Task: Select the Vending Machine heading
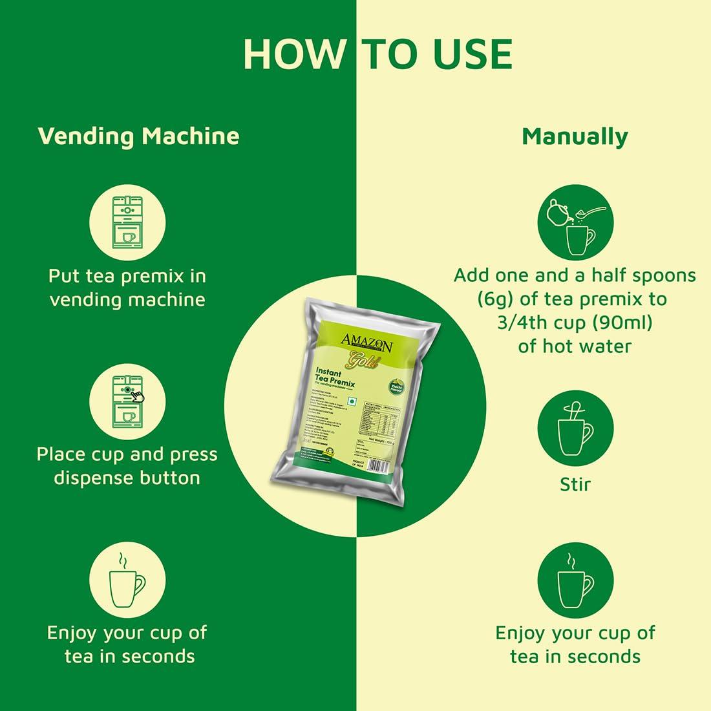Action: click(x=138, y=136)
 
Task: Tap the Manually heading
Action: click(x=575, y=136)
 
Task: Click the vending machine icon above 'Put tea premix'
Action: click(x=127, y=222)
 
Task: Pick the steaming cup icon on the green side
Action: click(x=127, y=579)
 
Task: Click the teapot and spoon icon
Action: click(x=575, y=222)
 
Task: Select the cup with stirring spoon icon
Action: click(x=575, y=429)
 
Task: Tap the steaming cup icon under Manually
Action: click(x=575, y=580)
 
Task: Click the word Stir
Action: click(x=575, y=484)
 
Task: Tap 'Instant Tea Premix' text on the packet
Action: click(x=334, y=379)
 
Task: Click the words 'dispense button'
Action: click(x=127, y=478)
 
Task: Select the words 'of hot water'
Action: click(x=575, y=346)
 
